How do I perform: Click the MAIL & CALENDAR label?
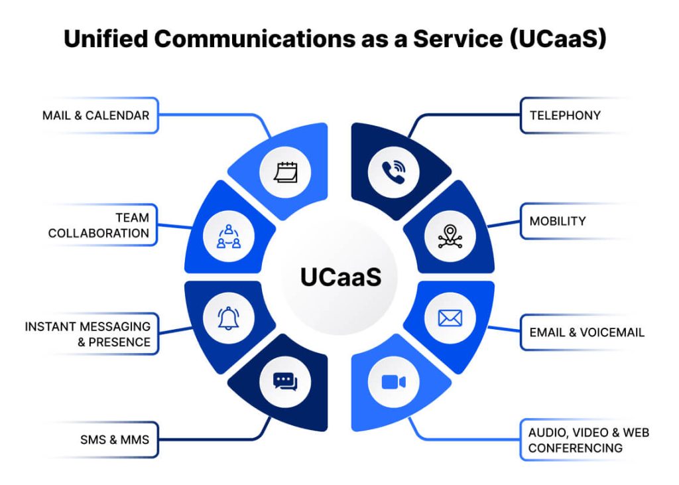(95, 115)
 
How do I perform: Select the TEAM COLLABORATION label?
(99, 226)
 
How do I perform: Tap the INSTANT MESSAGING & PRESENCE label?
(88, 334)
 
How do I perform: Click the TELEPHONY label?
(565, 115)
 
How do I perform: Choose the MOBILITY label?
(557, 221)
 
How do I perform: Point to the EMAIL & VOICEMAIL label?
(586, 332)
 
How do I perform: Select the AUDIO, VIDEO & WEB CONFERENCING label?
(588, 440)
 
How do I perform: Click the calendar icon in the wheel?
(286, 173)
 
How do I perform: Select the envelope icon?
(450, 318)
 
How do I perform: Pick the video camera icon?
(393, 382)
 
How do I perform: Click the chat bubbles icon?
(286, 382)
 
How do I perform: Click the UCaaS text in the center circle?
(340, 277)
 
